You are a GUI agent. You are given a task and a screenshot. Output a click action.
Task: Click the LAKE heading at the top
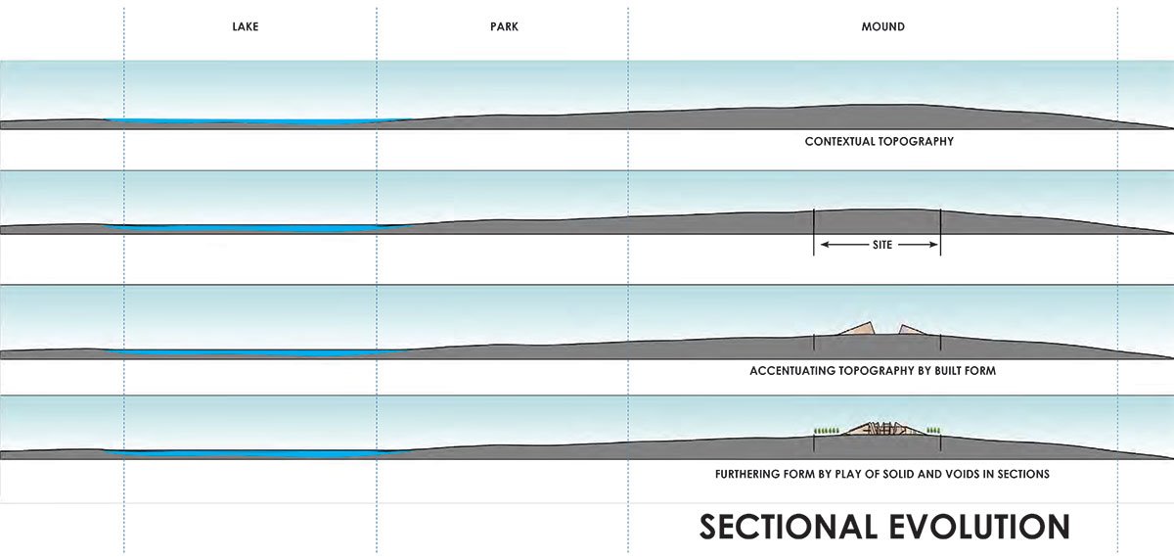coord(245,27)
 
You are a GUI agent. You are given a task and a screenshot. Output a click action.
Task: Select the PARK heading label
coord(504,27)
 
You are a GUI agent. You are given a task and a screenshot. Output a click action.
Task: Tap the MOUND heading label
coord(883,27)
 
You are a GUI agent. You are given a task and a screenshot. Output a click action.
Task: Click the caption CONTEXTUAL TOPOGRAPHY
coord(879,142)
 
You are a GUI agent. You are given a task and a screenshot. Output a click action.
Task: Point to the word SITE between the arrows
coord(881,245)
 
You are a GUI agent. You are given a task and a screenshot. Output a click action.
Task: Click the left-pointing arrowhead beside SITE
coord(825,245)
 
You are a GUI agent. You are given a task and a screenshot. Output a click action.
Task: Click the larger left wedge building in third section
coord(856,330)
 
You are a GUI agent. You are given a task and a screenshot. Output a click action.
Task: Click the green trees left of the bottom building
coord(828,430)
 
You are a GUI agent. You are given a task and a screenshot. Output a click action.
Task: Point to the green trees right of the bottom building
coord(932,430)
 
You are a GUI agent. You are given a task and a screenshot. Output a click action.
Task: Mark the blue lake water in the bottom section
coord(245,453)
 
